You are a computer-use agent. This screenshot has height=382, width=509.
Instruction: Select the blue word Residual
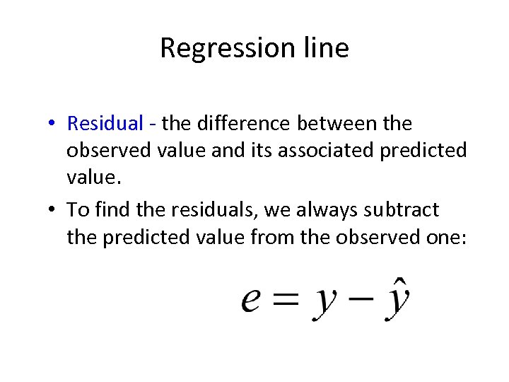105,124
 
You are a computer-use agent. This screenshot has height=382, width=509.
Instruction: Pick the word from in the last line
274,238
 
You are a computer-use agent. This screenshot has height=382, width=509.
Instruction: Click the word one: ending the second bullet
445,238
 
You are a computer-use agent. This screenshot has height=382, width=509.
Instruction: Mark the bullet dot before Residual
54,125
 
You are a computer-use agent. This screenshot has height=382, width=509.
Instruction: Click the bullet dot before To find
54,211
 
